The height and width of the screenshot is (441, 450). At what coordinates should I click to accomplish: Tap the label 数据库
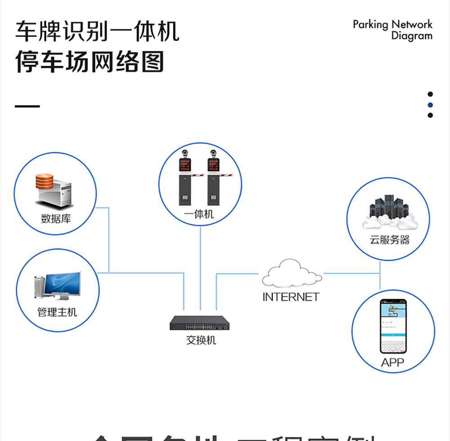[x=56, y=219]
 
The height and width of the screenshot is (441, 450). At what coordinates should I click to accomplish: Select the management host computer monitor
[x=63, y=285]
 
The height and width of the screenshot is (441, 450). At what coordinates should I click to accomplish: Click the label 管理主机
[x=57, y=312]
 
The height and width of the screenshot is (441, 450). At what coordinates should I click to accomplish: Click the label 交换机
[x=201, y=340]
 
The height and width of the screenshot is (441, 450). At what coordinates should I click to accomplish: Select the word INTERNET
[x=291, y=297]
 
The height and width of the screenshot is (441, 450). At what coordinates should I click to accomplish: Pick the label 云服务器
[x=390, y=240]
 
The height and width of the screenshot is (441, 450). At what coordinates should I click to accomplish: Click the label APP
[x=392, y=362]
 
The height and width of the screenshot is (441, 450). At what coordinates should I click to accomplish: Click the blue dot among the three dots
[x=430, y=105]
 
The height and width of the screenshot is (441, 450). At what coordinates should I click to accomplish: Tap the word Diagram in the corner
[x=411, y=36]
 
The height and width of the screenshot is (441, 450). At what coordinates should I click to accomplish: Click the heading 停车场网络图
[x=90, y=61]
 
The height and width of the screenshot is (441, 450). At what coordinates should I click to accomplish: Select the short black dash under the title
[x=27, y=106]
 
